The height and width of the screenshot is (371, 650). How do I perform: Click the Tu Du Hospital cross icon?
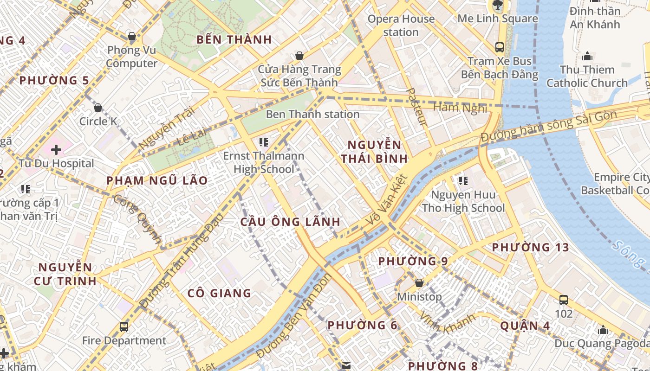click(x=56, y=150)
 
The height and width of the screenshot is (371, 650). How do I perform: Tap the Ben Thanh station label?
click(x=312, y=114)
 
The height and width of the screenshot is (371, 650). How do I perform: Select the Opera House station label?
click(x=401, y=26)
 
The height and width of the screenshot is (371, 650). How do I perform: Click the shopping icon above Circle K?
click(x=98, y=108)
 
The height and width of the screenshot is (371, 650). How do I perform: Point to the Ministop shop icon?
click(x=419, y=283)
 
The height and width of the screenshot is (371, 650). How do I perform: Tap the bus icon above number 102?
click(x=563, y=300)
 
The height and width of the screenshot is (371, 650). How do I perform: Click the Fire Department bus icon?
click(x=124, y=327)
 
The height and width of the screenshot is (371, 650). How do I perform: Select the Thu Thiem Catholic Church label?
click(x=587, y=77)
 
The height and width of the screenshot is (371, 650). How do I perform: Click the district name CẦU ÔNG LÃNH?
click(x=290, y=222)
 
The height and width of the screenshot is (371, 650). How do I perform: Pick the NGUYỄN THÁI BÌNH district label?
click(x=374, y=152)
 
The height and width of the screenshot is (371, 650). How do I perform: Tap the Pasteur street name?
click(x=416, y=107)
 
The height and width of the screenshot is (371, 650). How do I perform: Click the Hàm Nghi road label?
click(x=460, y=108)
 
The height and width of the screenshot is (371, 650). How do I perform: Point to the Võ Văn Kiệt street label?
click(x=386, y=200)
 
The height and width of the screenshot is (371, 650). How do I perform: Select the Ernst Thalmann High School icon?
click(x=264, y=142)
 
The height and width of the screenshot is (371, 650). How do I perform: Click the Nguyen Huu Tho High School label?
click(x=463, y=201)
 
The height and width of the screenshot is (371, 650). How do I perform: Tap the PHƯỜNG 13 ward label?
click(x=530, y=248)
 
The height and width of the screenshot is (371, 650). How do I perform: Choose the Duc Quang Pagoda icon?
click(x=603, y=330)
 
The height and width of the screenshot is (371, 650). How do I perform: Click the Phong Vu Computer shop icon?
click(x=132, y=36)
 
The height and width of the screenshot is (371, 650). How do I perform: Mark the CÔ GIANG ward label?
click(x=219, y=293)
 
